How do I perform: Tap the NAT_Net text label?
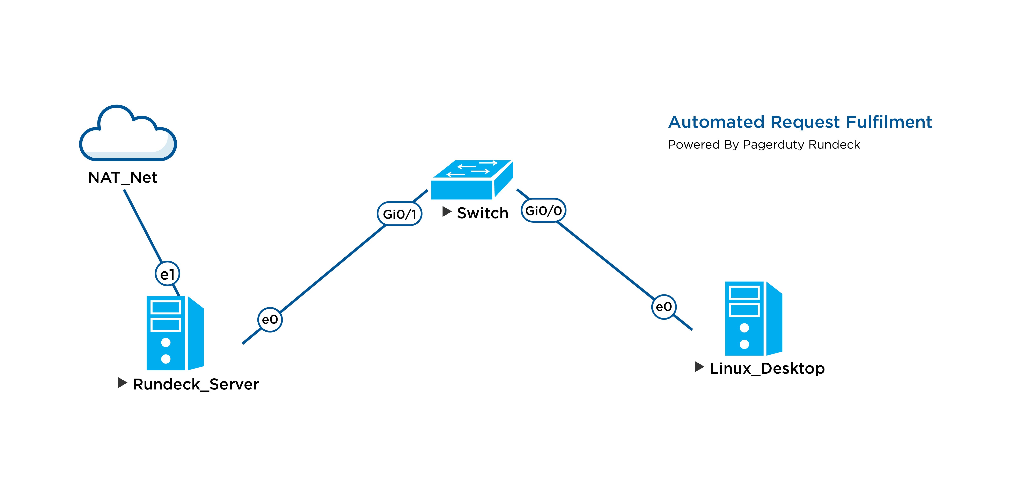pyautogui.click(x=123, y=178)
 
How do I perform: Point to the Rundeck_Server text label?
pyautogui.click(x=196, y=384)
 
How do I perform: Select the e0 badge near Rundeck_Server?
pyautogui.click(x=270, y=319)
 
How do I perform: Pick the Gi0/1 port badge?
pyautogui.click(x=399, y=214)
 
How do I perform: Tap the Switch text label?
pyautogui.click(x=482, y=213)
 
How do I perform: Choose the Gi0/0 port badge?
pyautogui.click(x=543, y=210)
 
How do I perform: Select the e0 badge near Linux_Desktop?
pyautogui.click(x=664, y=307)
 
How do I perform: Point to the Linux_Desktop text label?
pyautogui.click(x=767, y=368)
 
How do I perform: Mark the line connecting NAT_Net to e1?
pyautogui.click(x=142, y=226)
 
